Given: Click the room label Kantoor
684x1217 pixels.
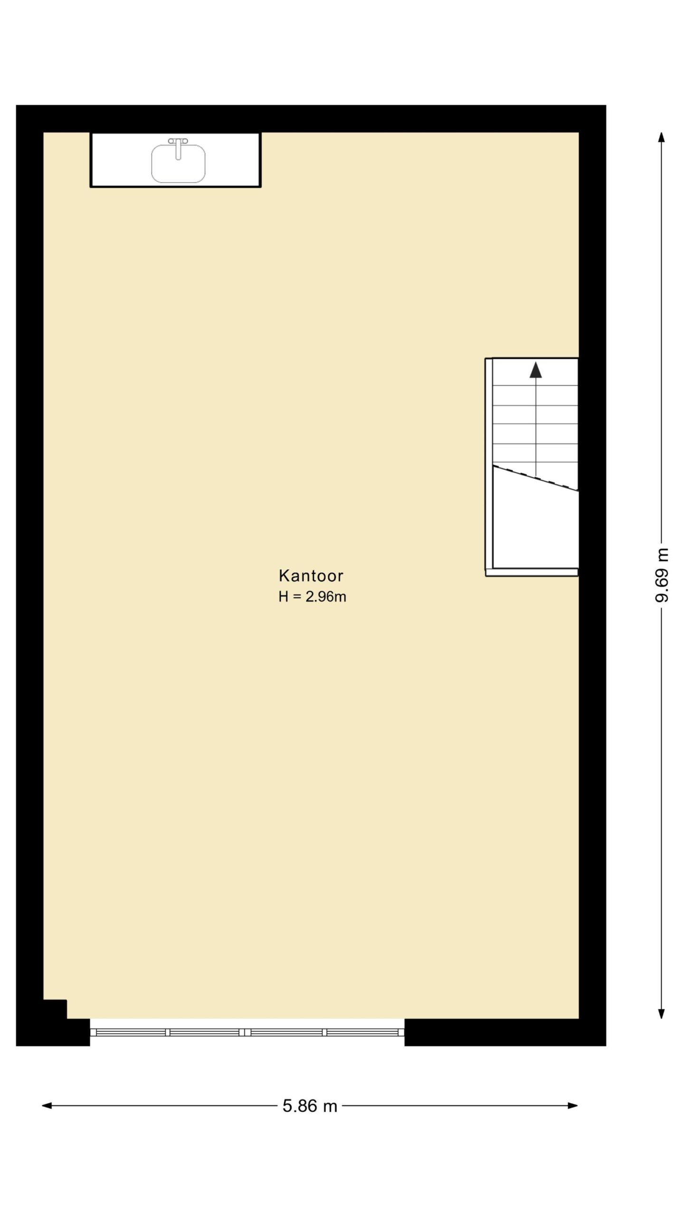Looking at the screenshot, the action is tap(311, 576).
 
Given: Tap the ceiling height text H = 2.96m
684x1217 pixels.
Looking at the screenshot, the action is tap(312, 597).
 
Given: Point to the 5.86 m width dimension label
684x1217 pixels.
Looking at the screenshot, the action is tap(310, 1106).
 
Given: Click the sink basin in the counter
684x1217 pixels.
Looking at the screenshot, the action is tap(178, 164).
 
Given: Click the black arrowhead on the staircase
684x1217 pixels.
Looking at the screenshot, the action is tap(536, 370).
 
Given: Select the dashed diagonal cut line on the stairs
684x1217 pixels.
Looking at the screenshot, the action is tap(536, 478).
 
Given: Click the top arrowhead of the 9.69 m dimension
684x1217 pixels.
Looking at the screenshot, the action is tap(661, 137).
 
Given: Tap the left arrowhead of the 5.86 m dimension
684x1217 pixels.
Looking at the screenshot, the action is tap(47, 1106).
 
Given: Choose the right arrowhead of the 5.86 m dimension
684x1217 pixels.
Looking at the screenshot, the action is tap(573, 1106).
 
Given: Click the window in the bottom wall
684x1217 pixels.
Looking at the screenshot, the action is tap(247, 1032).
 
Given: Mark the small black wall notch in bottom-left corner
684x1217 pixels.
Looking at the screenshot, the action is tap(55, 1009).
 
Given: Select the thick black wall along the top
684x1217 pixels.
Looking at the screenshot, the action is tap(311, 118).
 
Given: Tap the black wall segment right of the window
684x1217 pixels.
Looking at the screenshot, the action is tap(505, 1033).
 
